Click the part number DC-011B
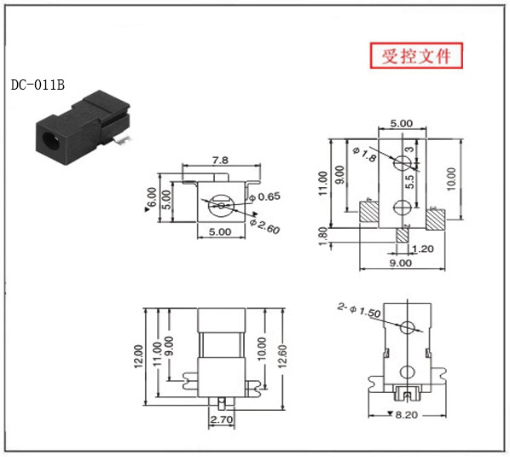(x=38, y=85)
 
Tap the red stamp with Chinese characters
(x=416, y=56)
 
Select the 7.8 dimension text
(x=221, y=161)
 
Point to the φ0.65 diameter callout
(x=264, y=196)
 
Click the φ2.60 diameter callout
(x=264, y=226)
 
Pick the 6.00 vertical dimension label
(x=152, y=197)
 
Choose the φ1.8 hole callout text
(x=365, y=154)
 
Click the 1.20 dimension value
(x=422, y=249)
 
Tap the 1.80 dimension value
(x=322, y=237)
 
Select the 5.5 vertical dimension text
(x=410, y=182)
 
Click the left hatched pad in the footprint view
(x=368, y=211)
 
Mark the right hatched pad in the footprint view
(x=436, y=220)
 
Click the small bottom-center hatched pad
(x=403, y=235)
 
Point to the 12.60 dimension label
(x=282, y=356)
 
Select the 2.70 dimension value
(x=222, y=419)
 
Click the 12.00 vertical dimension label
(x=138, y=356)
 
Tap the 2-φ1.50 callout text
(x=359, y=310)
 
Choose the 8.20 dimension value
(x=407, y=415)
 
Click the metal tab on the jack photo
(x=122, y=139)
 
